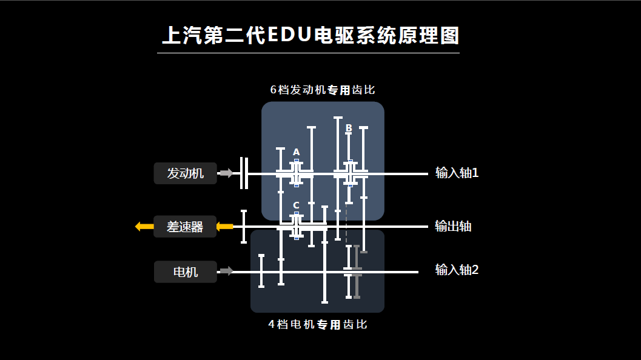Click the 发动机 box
click(185, 173)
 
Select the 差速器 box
click(184, 227)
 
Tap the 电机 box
click(185, 272)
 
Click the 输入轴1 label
click(457, 173)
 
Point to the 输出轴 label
click(453, 227)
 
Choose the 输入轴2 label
click(457, 270)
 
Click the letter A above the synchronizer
click(296, 152)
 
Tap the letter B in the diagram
click(349, 128)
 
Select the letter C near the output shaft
click(296, 205)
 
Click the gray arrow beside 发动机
click(226, 173)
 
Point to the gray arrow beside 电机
click(226, 271)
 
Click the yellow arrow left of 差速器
click(144, 227)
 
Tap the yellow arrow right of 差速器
click(224, 227)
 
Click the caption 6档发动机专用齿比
click(323, 90)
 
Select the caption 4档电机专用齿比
click(318, 324)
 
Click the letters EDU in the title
click(288, 36)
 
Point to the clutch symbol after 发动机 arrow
click(244, 173)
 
